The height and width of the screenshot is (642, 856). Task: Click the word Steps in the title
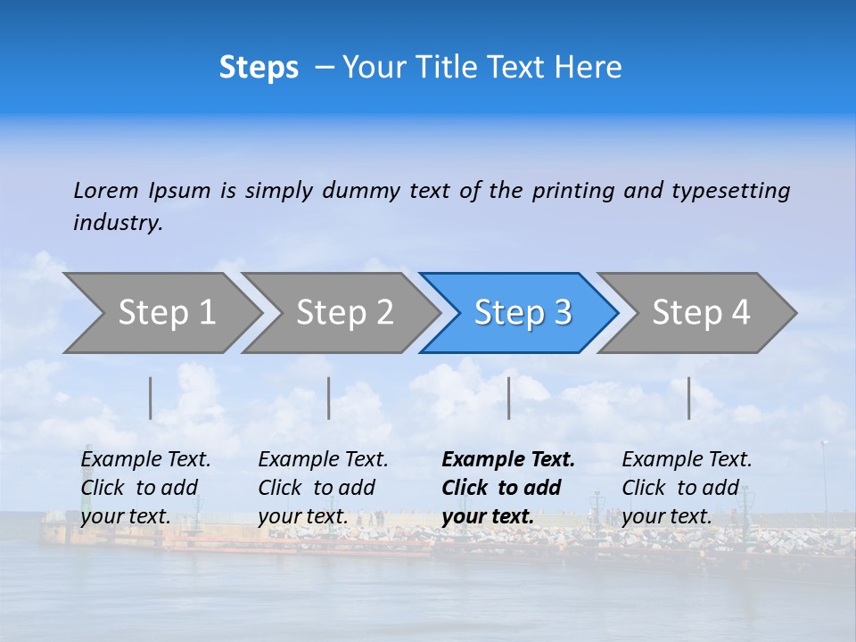click(x=259, y=68)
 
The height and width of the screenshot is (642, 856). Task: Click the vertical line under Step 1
click(x=151, y=399)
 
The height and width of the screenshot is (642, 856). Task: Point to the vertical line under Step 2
click(x=329, y=399)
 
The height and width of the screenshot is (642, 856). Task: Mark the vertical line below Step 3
click(x=508, y=399)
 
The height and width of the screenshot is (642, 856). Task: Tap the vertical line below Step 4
click(x=689, y=399)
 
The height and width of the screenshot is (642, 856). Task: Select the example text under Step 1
click(x=145, y=488)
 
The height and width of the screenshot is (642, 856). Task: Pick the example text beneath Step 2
click(x=323, y=488)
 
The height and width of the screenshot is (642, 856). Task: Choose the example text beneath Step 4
click(x=687, y=488)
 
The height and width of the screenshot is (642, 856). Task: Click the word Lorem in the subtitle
click(x=106, y=191)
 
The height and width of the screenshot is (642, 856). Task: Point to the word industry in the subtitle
click(x=118, y=223)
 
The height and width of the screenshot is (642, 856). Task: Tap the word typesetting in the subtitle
click(x=730, y=191)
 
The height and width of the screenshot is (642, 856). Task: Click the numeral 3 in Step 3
click(x=563, y=313)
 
